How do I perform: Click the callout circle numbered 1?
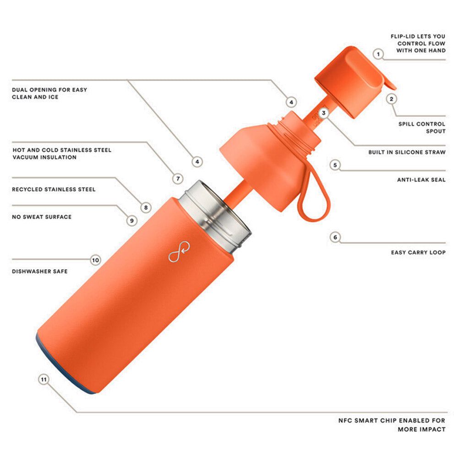pos(378,55)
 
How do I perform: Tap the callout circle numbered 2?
pos(391,98)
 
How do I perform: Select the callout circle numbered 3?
pos(323,113)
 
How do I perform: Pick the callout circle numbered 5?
pos(335,165)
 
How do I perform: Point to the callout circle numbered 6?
pos(335,237)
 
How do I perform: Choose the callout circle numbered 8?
pos(146,207)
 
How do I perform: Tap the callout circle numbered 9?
pos(131,220)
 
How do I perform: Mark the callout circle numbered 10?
pos(95,260)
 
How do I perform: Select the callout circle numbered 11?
pos(44,379)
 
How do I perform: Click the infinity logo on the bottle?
pos(179,252)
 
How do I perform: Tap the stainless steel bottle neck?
pos(215,215)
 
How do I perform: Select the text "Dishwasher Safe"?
pos(40,272)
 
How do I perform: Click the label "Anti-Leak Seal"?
pos(421,180)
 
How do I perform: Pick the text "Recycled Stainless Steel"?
pos(54,189)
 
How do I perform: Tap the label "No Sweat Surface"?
pos(42,217)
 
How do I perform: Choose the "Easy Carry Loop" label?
pos(418,252)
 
